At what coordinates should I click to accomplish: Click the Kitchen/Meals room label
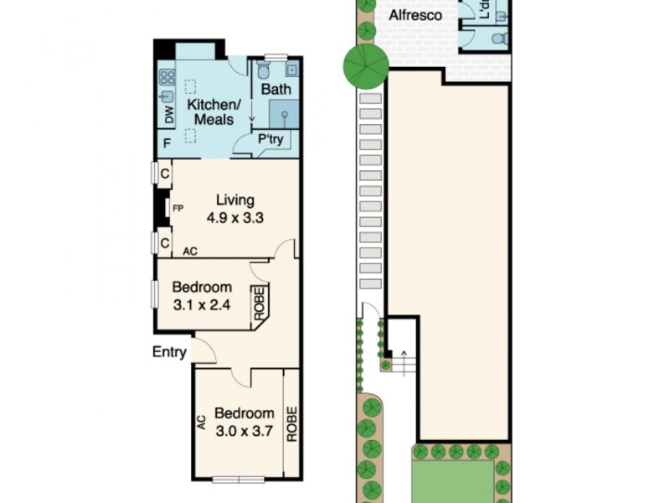213,113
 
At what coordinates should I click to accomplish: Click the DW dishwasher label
167,112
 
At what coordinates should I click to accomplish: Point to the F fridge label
167,143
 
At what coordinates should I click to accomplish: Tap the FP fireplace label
178,208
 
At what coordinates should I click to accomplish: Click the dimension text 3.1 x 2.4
200,307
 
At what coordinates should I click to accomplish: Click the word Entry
169,352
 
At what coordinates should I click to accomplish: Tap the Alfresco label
414,16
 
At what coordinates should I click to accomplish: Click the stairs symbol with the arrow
403,360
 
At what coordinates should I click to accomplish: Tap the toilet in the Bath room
271,66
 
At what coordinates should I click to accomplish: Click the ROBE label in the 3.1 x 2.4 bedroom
260,303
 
